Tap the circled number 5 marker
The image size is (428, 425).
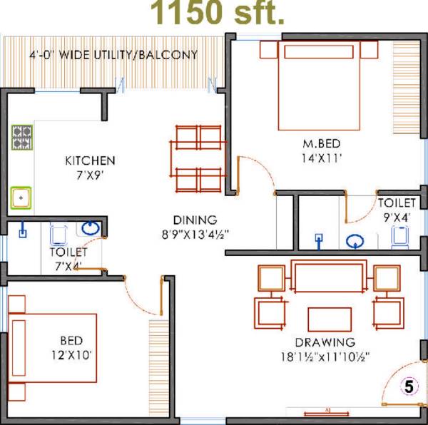408,387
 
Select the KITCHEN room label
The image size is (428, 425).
90,160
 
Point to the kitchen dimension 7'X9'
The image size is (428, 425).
90,175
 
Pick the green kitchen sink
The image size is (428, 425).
21,197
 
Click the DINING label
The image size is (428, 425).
195,220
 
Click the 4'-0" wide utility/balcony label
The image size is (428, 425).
113,54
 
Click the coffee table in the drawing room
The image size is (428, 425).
329,319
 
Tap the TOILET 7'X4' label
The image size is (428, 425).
68,259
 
